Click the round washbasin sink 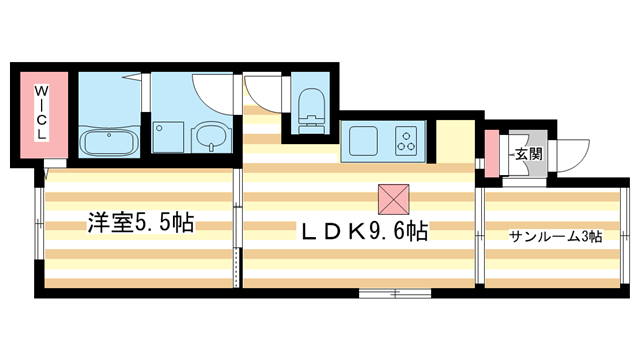click(x=210, y=135)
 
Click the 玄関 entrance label click(x=529, y=154)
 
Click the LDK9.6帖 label click(x=365, y=232)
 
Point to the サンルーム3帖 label click(x=554, y=237)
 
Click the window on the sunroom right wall click(x=627, y=238)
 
